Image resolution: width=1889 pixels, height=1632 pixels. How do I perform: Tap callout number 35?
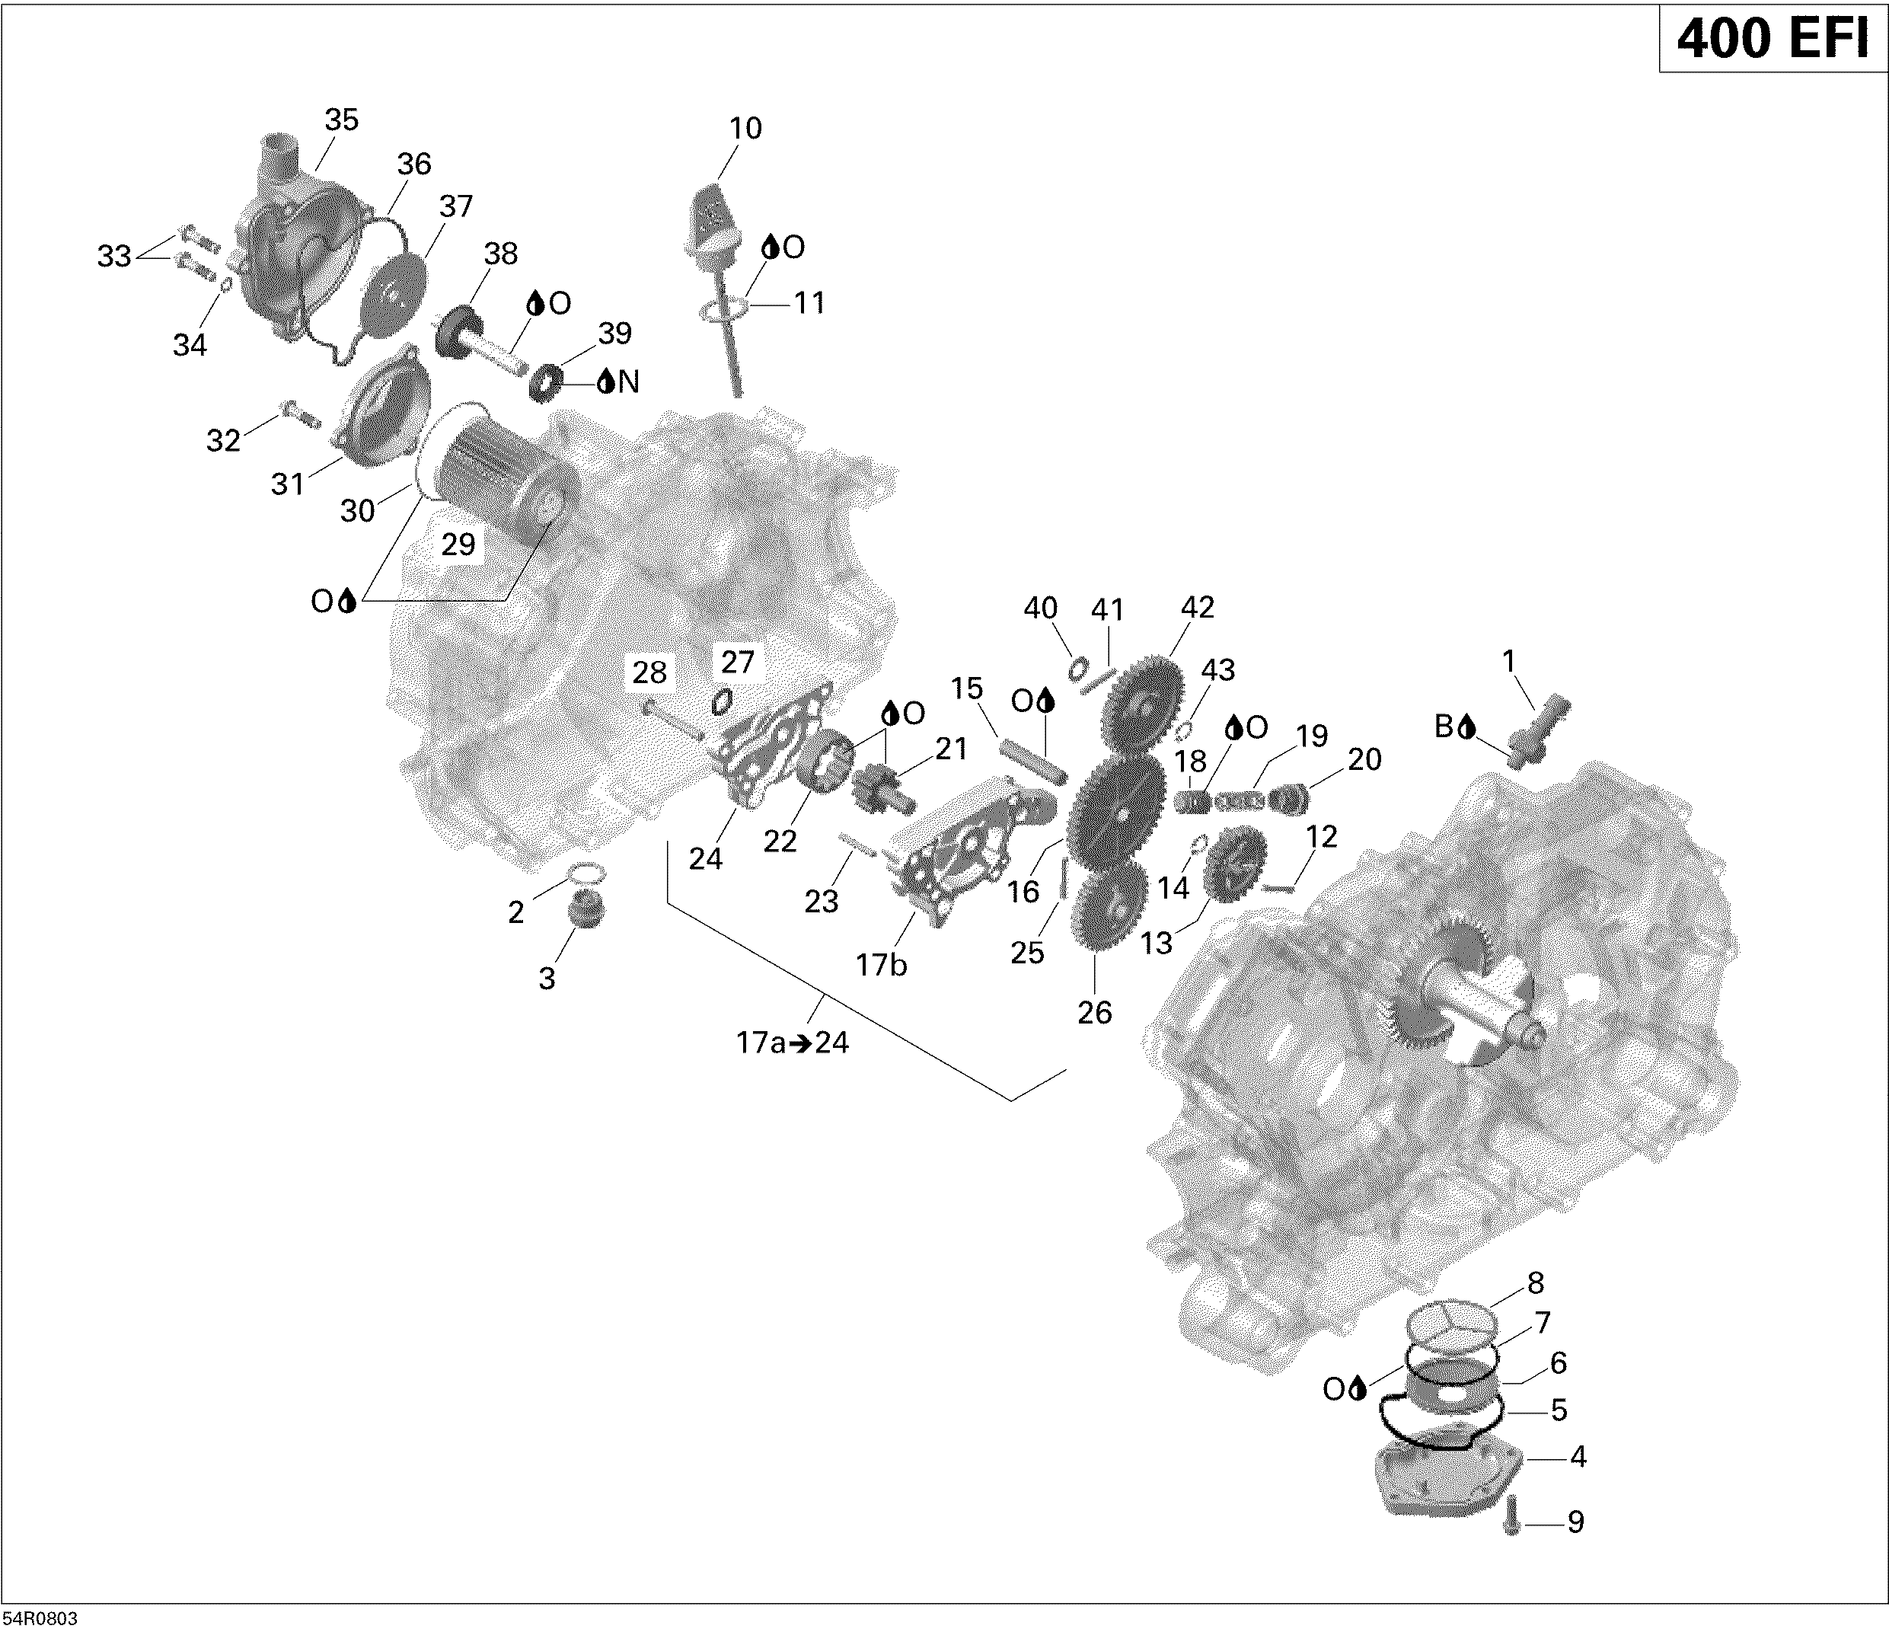[342, 120]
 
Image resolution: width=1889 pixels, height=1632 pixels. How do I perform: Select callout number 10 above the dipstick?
[745, 128]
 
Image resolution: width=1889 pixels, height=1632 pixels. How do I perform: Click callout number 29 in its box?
[458, 545]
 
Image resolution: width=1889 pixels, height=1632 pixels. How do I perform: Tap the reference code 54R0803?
[40, 1618]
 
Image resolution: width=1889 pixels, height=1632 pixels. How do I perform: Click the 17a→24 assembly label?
[793, 1041]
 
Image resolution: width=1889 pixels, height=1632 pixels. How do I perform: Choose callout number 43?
[1218, 670]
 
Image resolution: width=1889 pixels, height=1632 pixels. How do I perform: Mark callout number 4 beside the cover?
[1578, 1457]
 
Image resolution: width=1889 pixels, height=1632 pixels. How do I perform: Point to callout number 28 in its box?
[649, 673]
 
